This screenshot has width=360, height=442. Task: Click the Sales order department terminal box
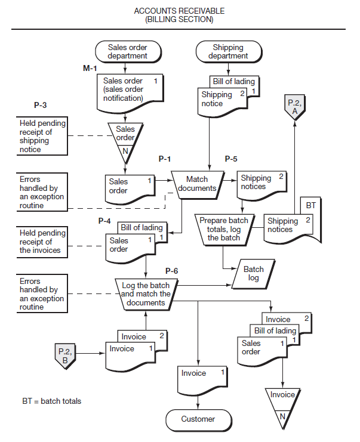point(127,51)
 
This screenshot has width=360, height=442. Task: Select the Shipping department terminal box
point(228,51)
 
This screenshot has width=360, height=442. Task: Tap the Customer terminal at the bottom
point(198,419)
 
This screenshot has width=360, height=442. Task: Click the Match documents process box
point(196,184)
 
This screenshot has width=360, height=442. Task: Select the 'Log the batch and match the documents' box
point(146,294)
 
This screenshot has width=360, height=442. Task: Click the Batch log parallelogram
point(253,274)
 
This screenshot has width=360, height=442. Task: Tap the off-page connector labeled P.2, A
point(294,107)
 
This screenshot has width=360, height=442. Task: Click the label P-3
point(41,105)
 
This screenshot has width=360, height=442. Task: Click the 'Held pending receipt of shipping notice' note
point(42,136)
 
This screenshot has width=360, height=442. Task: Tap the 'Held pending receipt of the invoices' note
point(42,242)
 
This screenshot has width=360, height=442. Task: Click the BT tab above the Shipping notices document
point(310,206)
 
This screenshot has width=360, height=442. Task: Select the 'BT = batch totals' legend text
point(51,401)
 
